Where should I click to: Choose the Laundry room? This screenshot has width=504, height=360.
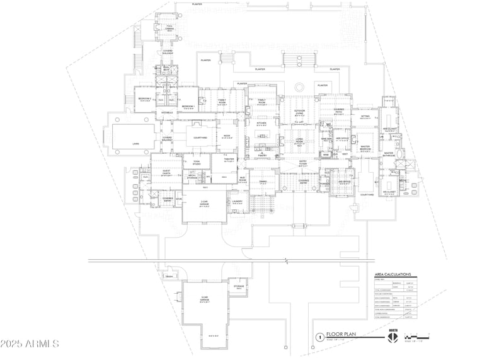click(237, 202)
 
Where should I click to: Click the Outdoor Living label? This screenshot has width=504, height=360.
click(299, 112)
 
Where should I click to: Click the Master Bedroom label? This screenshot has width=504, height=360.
click(365, 148)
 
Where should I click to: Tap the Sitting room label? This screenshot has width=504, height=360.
click(365, 117)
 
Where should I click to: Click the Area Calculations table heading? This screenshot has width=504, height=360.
click(392, 275)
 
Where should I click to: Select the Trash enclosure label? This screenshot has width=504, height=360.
click(169, 277)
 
